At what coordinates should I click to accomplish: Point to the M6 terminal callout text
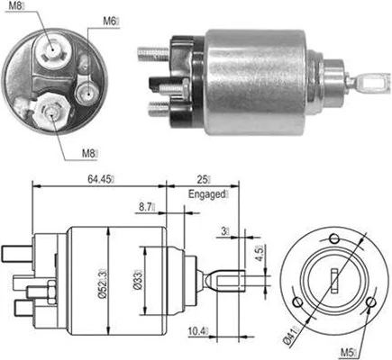pos(109,21)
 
